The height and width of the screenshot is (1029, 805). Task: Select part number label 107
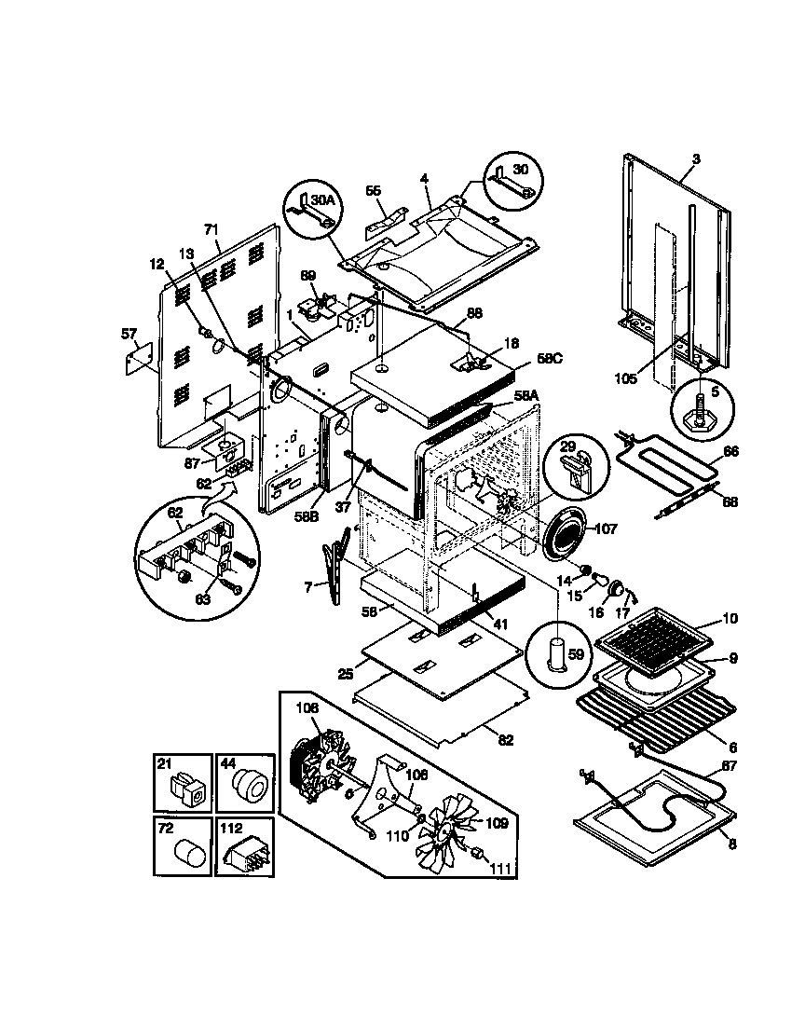tap(606, 528)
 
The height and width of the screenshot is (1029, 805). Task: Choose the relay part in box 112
tap(245, 851)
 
